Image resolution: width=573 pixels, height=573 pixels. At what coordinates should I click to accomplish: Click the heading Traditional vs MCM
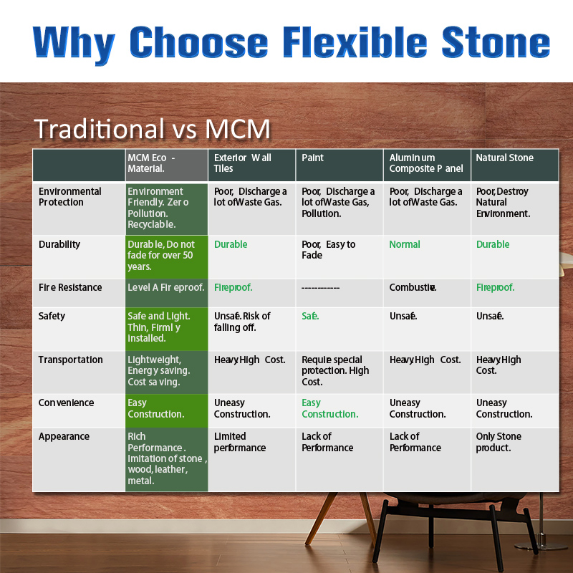pyautogui.click(x=153, y=129)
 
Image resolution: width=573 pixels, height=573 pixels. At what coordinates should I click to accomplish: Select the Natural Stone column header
pyautogui.click(x=505, y=158)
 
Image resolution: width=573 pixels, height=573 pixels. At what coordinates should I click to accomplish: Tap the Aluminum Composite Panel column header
pyautogui.click(x=426, y=163)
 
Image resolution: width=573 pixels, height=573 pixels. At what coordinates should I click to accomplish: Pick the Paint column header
pyautogui.click(x=313, y=158)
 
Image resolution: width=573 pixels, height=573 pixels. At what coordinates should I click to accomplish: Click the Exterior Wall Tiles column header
pyautogui.click(x=243, y=163)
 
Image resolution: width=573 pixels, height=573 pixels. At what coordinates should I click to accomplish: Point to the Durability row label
pyautogui.click(x=59, y=245)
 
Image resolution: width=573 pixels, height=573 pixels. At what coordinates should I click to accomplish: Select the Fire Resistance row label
pyautogui.click(x=70, y=288)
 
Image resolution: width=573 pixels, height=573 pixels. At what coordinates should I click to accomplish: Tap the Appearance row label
pyautogui.click(x=64, y=437)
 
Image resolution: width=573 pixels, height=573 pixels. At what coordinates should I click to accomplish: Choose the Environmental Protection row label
pyautogui.click(x=70, y=197)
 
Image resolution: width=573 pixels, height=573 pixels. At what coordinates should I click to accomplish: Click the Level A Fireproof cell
pyautogui.click(x=165, y=288)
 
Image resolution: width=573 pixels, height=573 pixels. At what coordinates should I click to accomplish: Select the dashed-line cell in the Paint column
pyautogui.click(x=320, y=288)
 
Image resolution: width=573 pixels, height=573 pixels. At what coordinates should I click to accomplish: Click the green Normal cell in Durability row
pyautogui.click(x=405, y=245)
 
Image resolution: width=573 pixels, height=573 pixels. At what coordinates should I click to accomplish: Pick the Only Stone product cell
pyautogui.click(x=499, y=442)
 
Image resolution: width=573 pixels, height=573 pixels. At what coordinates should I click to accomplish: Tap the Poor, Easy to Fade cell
pyautogui.click(x=329, y=250)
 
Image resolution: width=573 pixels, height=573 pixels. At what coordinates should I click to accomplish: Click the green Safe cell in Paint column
pyautogui.click(x=310, y=316)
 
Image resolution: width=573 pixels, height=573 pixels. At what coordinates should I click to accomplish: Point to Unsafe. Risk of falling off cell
pyautogui.click(x=243, y=322)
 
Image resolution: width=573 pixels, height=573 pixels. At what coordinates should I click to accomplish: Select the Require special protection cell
pyautogui.click(x=335, y=371)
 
